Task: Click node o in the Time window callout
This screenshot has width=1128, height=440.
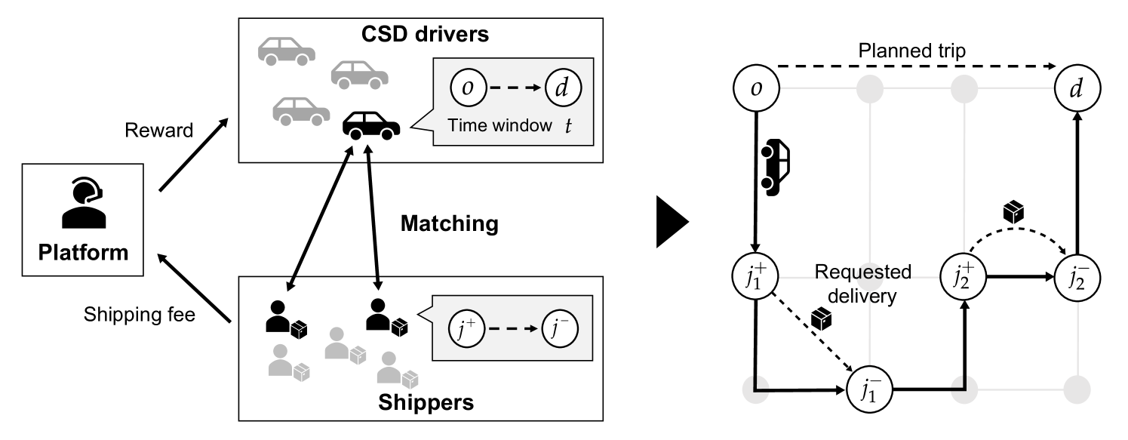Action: [468, 88]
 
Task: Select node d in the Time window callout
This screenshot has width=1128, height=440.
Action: [561, 88]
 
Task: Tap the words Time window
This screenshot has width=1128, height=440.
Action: [499, 125]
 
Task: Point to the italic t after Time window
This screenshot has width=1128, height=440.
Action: [568, 125]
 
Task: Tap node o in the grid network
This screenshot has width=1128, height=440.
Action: [756, 88]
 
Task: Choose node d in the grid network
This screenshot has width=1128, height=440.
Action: [1077, 88]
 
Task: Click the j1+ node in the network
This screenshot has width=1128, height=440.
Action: [756, 277]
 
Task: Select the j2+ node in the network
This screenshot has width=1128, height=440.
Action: [964, 277]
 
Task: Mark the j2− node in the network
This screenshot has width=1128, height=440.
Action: [1077, 277]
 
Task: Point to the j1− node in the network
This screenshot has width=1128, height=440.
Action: [870, 390]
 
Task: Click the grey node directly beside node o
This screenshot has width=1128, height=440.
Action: [870, 88]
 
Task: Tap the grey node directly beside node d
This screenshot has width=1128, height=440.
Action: [964, 88]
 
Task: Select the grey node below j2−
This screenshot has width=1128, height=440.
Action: [1077, 390]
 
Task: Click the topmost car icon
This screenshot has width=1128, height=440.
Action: [286, 50]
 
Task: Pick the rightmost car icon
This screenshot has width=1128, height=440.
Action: [359, 74]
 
